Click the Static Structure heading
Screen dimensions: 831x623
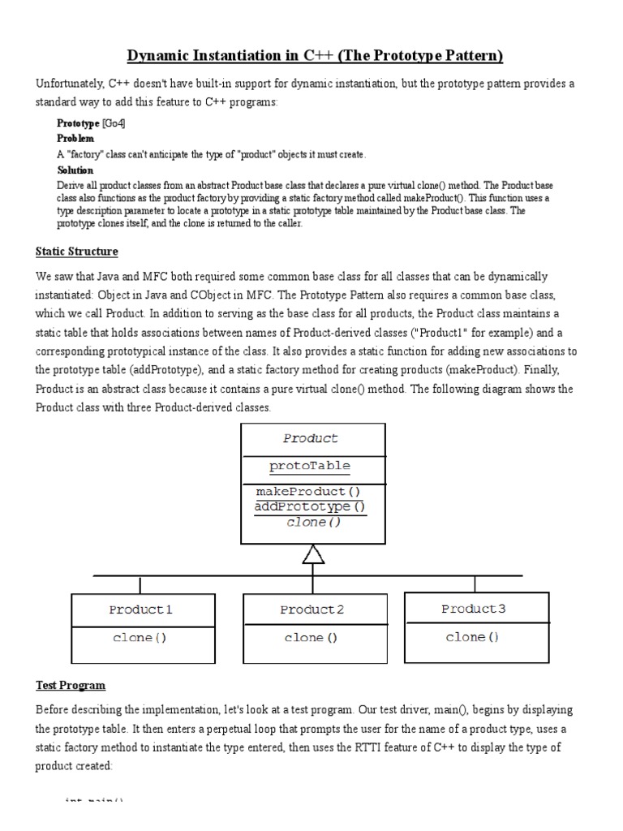76,251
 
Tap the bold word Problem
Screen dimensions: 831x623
75,139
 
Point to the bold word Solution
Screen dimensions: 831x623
75,170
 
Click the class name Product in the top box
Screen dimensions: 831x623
311,438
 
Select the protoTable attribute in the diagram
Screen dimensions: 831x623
310,466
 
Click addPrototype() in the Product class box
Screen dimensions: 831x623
310,506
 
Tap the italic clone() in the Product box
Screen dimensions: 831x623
314,522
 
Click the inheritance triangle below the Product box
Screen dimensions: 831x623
313,554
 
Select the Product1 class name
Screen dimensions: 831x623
140,609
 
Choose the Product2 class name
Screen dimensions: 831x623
312,609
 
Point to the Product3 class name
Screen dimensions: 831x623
473,609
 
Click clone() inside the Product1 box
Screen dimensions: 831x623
140,638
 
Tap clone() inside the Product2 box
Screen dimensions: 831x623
311,638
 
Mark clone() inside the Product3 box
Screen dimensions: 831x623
473,637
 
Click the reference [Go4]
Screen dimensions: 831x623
114,123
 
